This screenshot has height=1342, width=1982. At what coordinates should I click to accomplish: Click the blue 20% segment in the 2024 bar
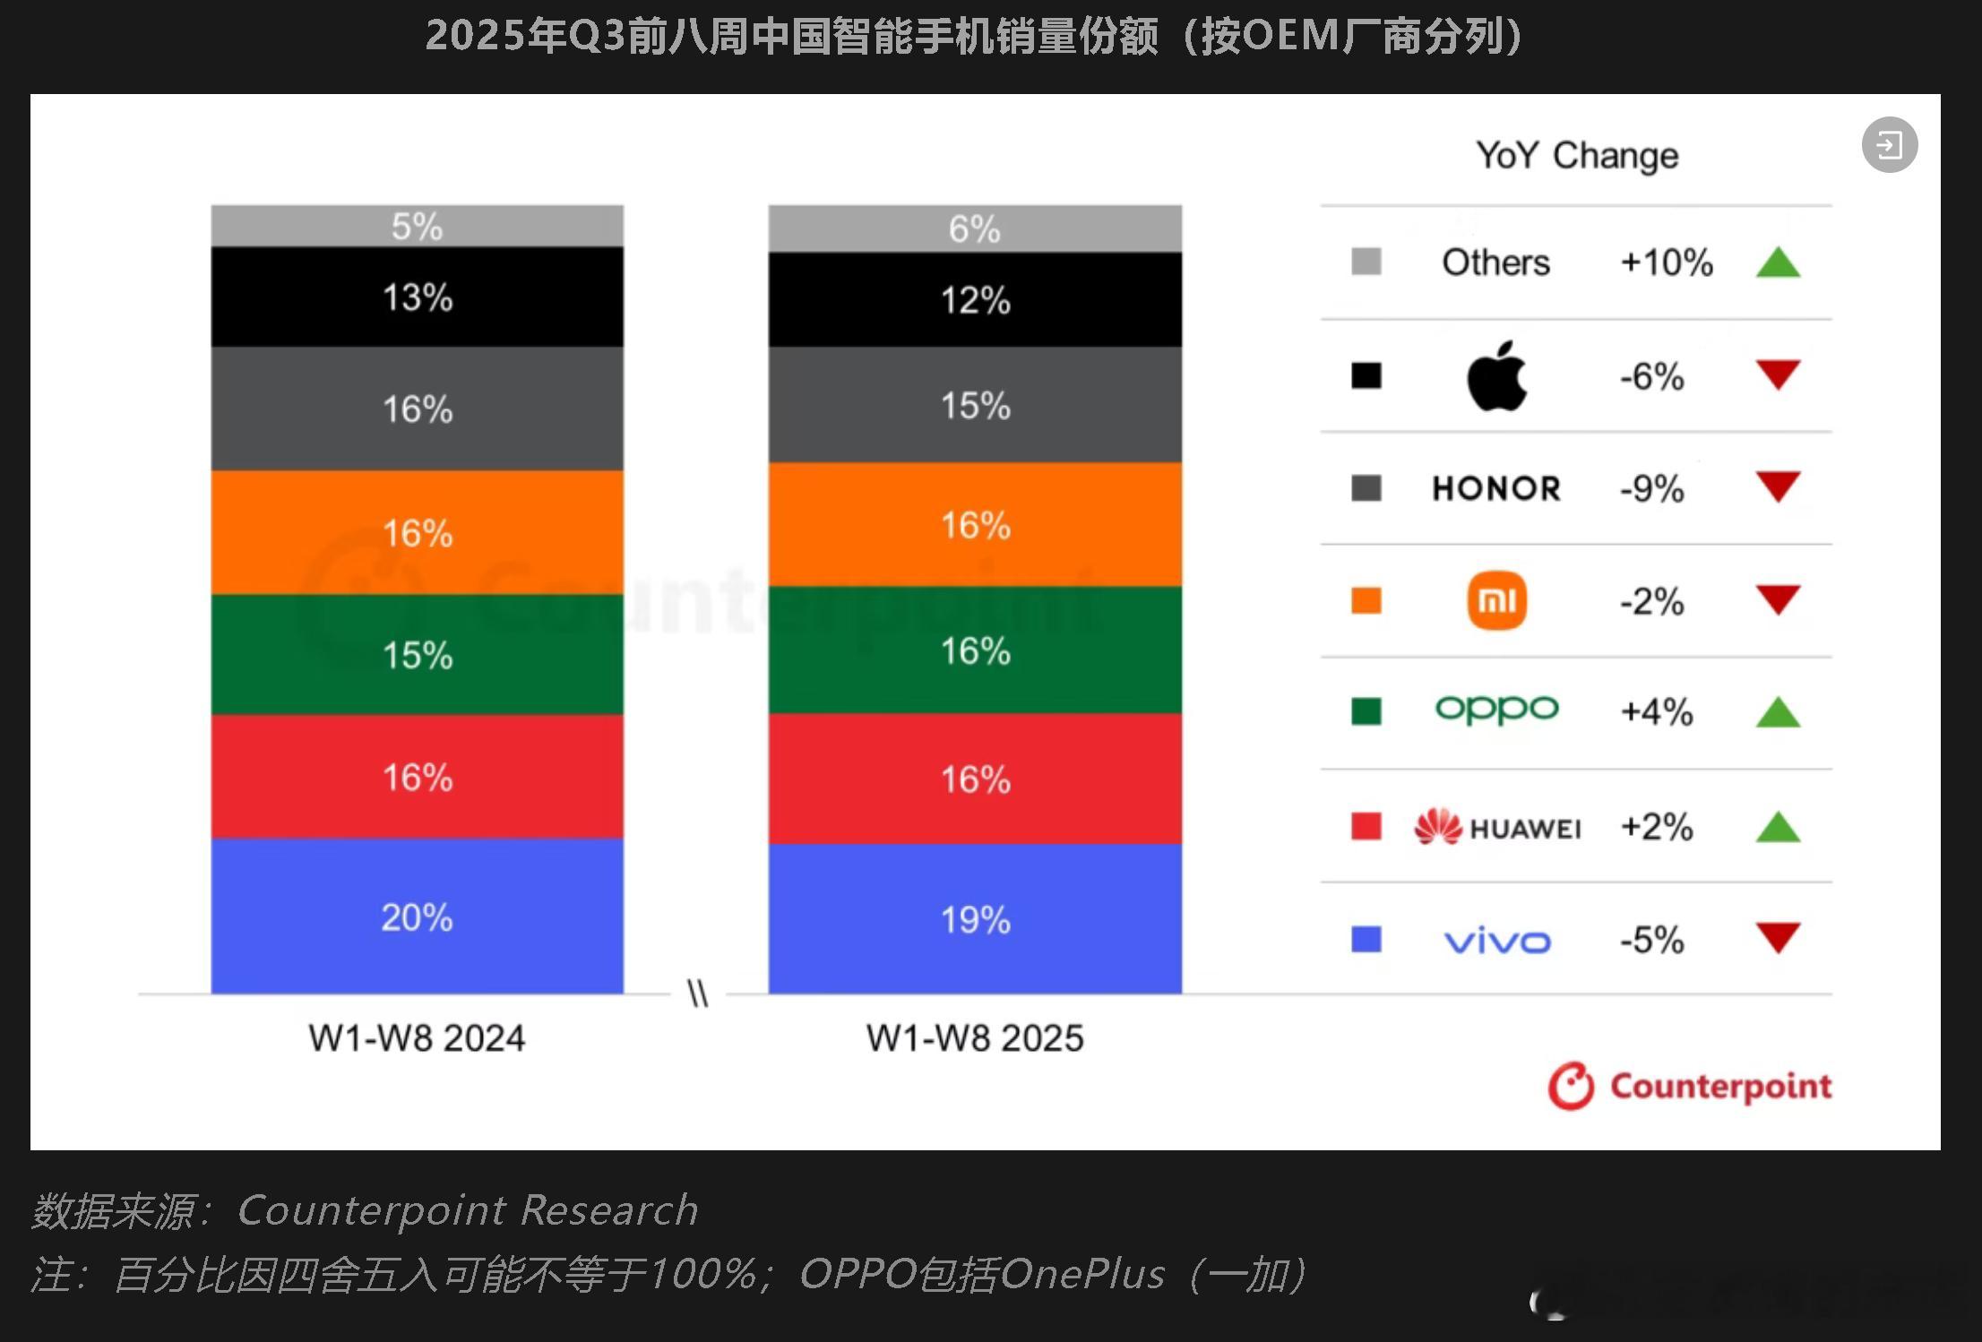417,916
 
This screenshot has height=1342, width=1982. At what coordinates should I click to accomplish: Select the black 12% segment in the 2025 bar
975,300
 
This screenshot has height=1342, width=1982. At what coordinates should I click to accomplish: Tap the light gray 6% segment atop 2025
975,228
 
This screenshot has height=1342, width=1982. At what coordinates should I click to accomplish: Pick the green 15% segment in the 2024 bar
417,655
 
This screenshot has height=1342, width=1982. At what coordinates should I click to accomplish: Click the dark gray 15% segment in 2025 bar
975,405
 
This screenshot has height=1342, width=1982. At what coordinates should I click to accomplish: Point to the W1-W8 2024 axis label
417,1038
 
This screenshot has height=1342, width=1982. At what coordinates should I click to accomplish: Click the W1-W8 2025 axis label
975,1038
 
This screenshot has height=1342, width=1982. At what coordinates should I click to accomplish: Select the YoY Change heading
1577,156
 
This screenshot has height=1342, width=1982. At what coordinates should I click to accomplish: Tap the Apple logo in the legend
1496,376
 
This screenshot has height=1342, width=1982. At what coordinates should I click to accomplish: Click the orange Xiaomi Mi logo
1496,600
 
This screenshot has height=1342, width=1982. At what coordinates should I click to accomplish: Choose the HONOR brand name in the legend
1496,489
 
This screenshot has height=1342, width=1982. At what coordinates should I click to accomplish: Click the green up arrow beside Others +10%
1778,263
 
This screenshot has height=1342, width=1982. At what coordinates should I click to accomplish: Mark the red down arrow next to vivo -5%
1778,938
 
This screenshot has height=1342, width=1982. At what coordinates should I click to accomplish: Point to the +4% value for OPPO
1657,712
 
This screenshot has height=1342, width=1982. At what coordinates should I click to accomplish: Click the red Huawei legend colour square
1366,826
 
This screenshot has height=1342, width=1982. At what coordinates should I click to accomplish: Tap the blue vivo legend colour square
1366,939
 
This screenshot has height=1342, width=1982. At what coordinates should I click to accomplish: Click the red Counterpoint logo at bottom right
1690,1087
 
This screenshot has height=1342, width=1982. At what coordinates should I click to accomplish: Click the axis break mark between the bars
698,994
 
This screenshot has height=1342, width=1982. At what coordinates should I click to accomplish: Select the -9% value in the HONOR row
1651,489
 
